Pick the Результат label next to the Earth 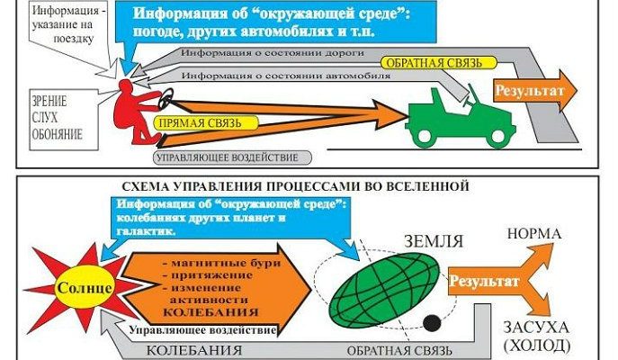482,281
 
